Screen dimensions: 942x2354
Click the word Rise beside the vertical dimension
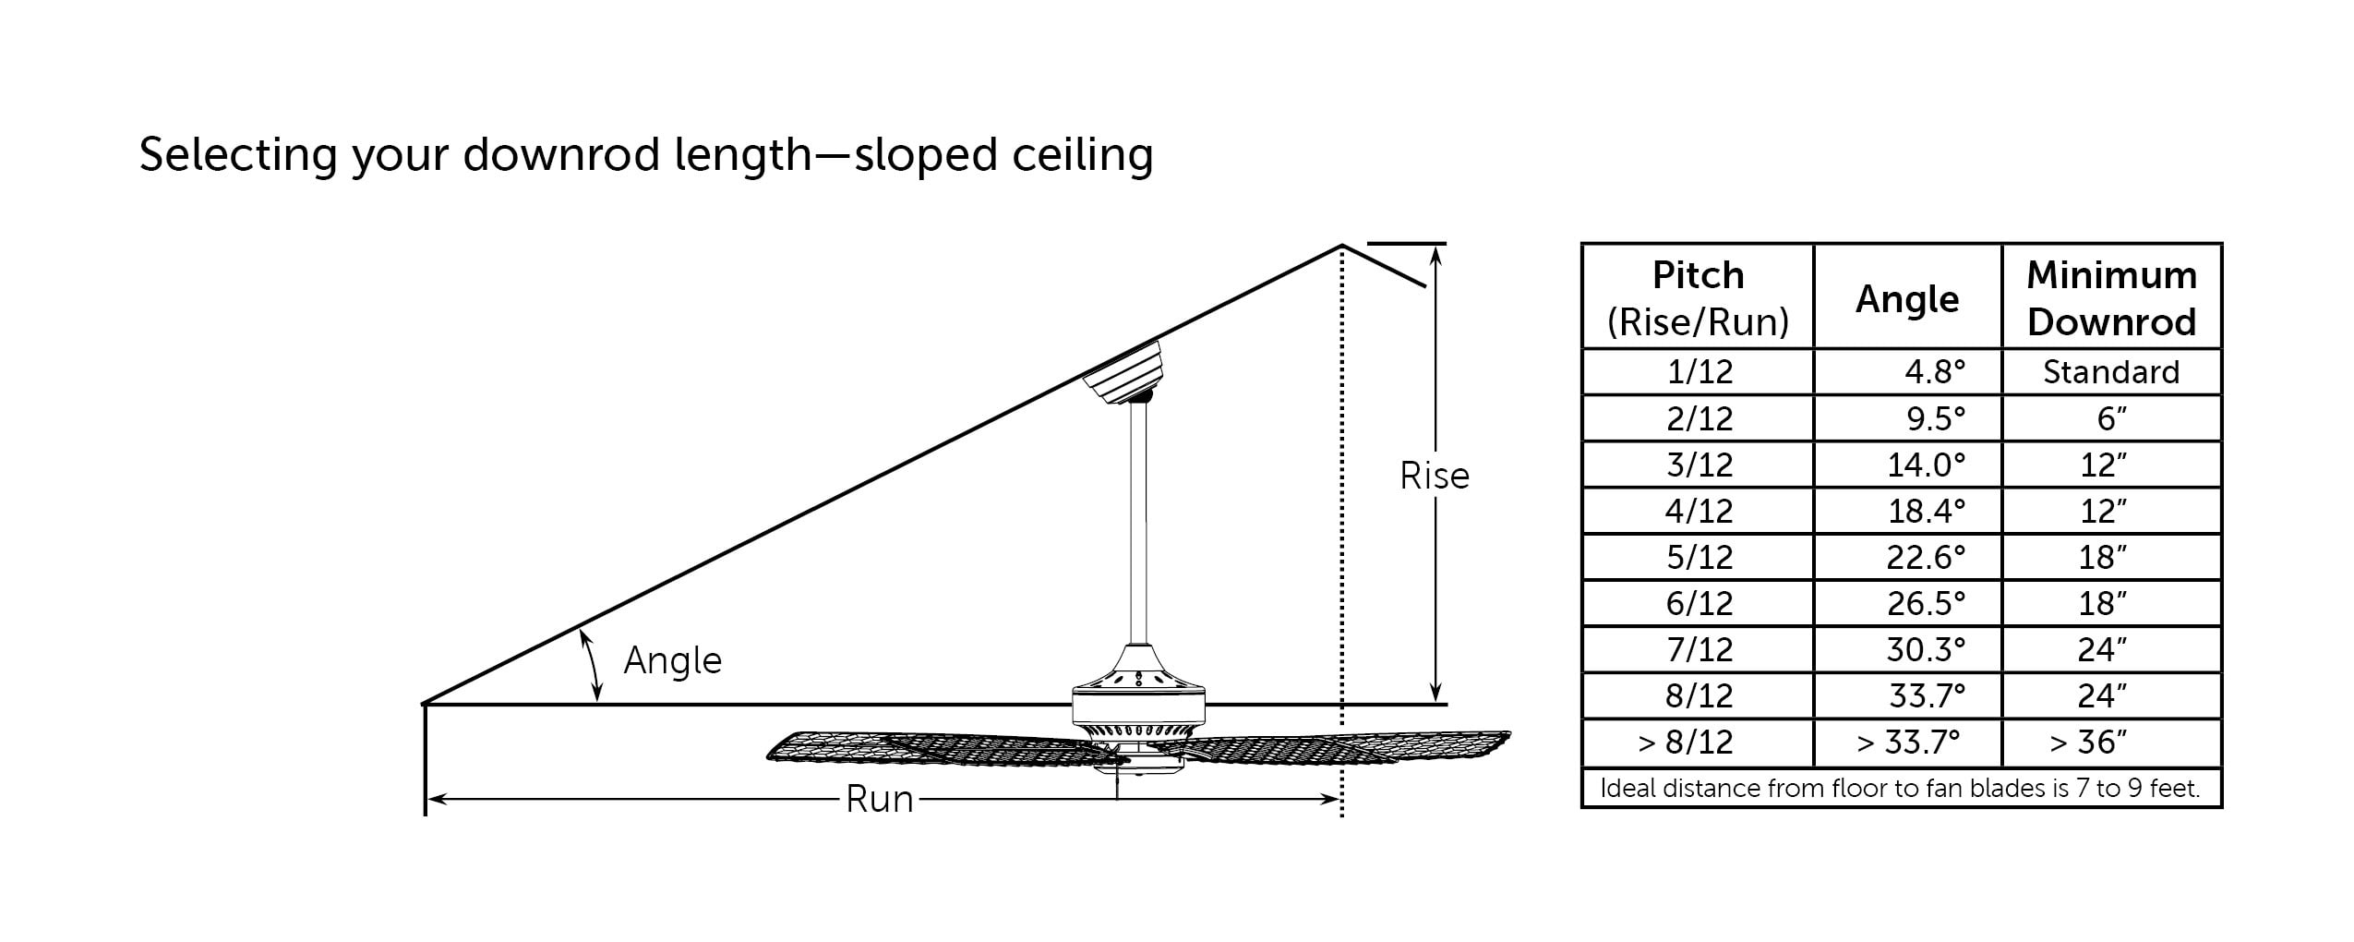point(1434,477)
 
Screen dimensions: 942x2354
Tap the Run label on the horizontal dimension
point(879,800)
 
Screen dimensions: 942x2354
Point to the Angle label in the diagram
point(672,661)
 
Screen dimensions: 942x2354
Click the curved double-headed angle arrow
point(592,665)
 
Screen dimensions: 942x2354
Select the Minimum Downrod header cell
point(2111,297)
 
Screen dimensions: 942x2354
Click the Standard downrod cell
point(2111,372)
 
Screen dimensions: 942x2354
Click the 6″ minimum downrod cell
point(2111,419)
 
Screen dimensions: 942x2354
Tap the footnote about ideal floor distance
point(1900,789)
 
